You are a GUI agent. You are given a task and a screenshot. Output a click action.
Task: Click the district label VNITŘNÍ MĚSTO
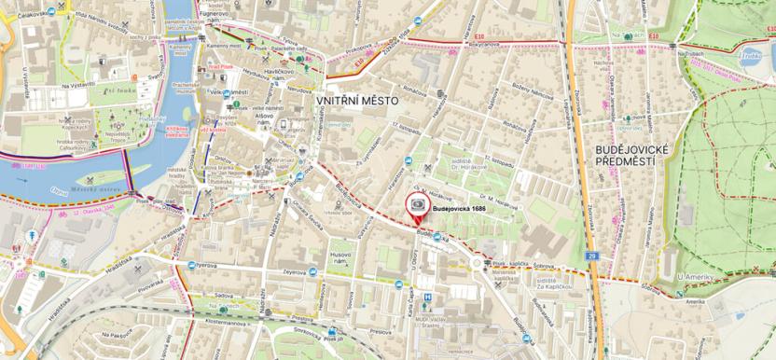pos(356,100)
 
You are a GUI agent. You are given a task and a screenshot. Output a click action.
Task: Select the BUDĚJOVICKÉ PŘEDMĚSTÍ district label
pos(624,155)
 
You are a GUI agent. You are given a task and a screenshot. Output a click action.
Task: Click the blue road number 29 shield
pos(591,254)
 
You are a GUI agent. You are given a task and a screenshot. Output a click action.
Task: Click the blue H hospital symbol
pos(427,298)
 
